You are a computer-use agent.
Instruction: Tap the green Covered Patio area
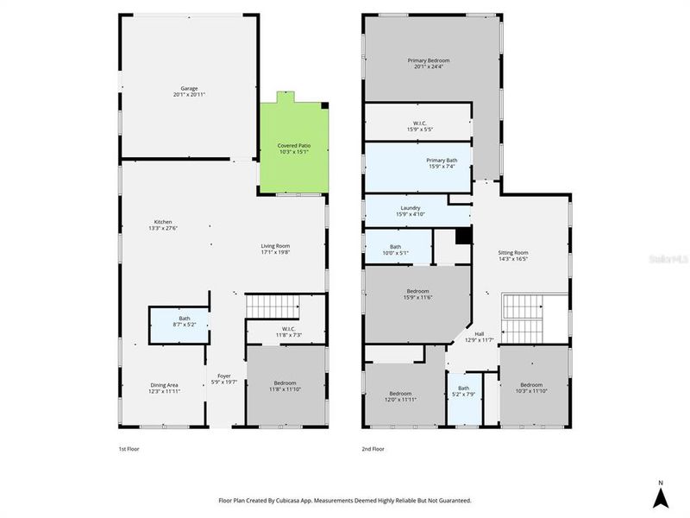click(294, 148)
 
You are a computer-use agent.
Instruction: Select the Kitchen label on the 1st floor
click(162, 224)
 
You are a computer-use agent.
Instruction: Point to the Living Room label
click(275, 250)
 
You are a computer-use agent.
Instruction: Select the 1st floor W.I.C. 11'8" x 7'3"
click(287, 332)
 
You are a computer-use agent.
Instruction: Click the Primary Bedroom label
click(429, 63)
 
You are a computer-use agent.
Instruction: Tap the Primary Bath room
click(441, 163)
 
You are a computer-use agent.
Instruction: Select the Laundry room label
click(409, 211)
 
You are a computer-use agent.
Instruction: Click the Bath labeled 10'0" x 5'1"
click(395, 250)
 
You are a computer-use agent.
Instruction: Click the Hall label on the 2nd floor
click(480, 338)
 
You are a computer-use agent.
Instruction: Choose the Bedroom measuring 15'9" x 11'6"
click(418, 294)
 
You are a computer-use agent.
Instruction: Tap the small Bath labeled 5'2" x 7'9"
click(464, 391)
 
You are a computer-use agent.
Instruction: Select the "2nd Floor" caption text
click(373, 450)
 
